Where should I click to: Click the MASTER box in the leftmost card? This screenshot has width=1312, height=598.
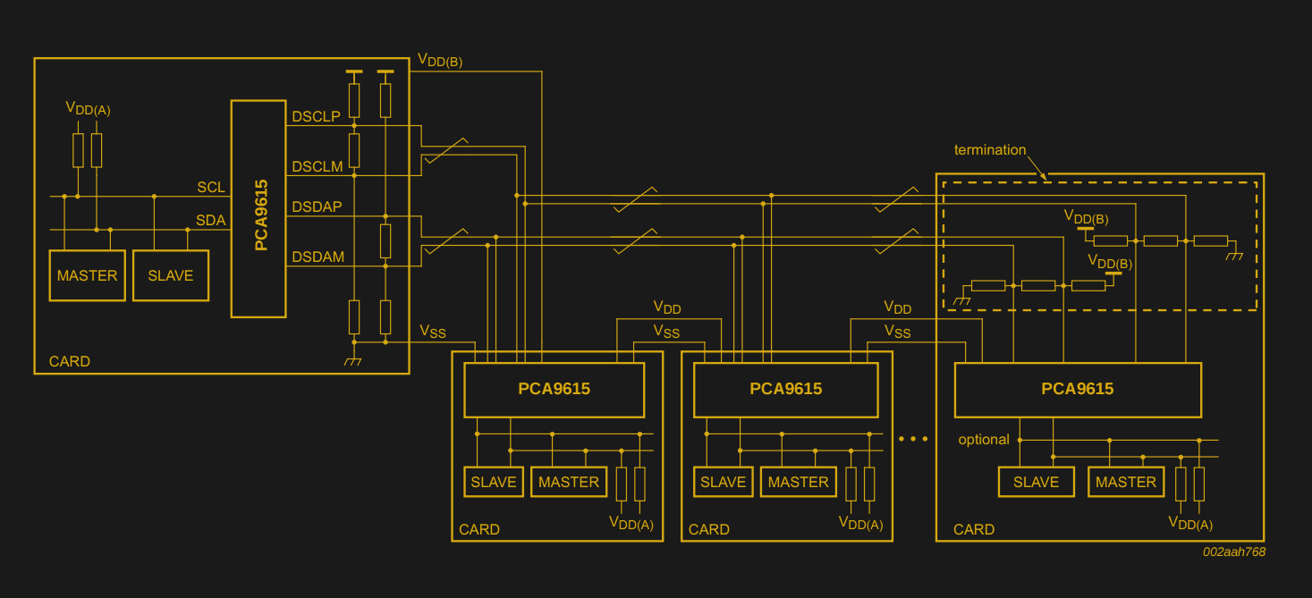click(x=87, y=275)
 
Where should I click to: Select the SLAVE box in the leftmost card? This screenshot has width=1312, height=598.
click(x=170, y=275)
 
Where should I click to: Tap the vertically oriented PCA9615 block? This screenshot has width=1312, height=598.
click(x=258, y=209)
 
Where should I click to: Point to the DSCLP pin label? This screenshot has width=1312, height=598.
click(x=316, y=116)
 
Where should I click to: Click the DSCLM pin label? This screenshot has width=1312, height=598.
click(x=317, y=166)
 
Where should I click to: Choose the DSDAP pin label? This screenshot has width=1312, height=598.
click(x=317, y=206)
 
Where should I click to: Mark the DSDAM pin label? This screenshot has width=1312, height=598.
click(x=317, y=257)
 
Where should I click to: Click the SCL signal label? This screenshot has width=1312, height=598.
click(x=211, y=187)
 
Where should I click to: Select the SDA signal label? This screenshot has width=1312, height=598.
click(x=211, y=220)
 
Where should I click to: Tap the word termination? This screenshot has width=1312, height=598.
click(x=990, y=149)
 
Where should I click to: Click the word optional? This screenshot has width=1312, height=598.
click(x=984, y=439)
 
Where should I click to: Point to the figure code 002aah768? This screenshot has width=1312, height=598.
click(x=1233, y=552)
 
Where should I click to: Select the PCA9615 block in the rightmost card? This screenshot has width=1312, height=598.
click(x=1077, y=389)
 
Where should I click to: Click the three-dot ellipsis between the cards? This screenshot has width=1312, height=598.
click(x=913, y=439)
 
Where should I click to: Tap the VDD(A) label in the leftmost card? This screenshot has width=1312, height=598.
click(x=88, y=108)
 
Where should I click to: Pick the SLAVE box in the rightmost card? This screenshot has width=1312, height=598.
click(x=1036, y=482)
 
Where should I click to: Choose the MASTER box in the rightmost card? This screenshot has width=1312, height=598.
click(x=1125, y=482)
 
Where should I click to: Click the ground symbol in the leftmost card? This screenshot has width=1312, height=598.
click(x=353, y=360)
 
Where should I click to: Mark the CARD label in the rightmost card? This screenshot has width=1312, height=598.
click(x=973, y=529)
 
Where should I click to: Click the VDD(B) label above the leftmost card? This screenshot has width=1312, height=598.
click(x=439, y=60)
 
